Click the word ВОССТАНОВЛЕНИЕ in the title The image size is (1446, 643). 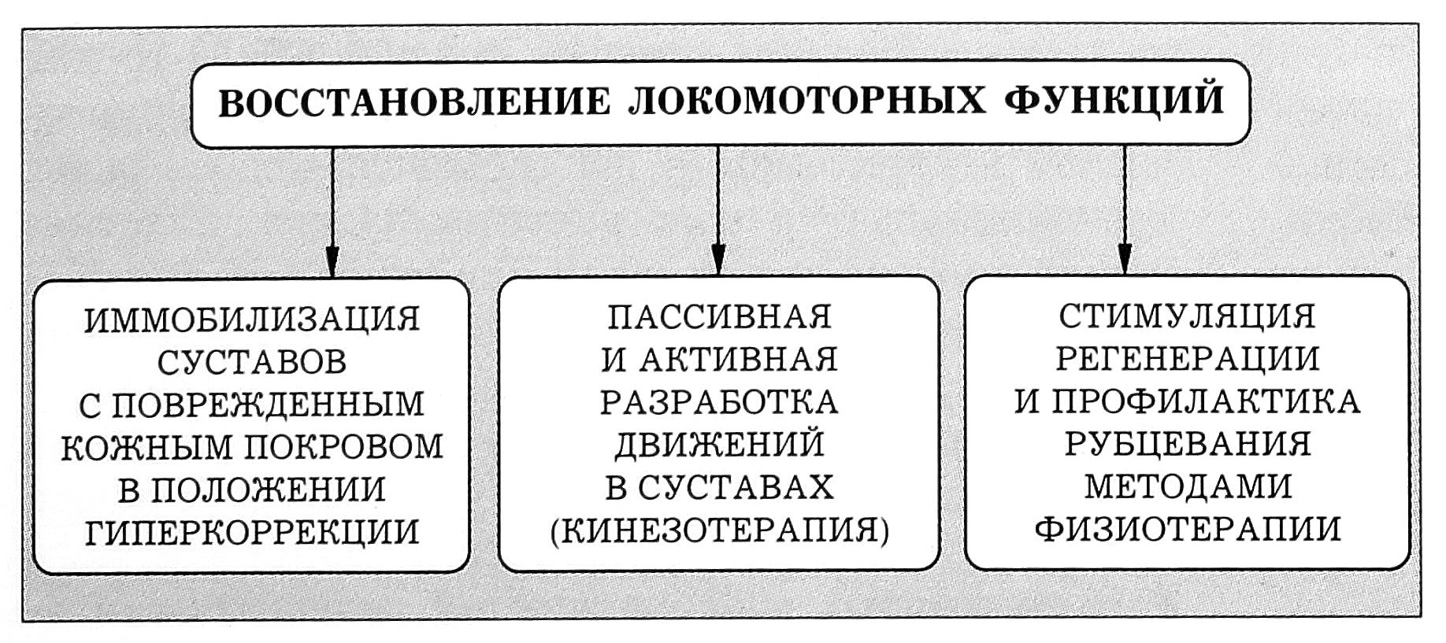pyautogui.click(x=413, y=103)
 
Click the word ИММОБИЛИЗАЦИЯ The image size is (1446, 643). pyautogui.click(x=252, y=320)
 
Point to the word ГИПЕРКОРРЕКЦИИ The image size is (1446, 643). pyautogui.click(x=252, y=533)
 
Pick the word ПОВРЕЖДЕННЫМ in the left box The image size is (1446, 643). pyautogui.click(x=268, y=405)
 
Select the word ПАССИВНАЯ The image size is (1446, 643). pyautogui.click(x=719, y=317)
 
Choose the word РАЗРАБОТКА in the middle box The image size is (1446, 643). pyautogui.click(x=719, y=403)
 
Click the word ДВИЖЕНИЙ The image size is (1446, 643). pyautogui.click(x=719, y=445)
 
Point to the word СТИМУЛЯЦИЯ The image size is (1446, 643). pyautogui.click(x=1187, y=317)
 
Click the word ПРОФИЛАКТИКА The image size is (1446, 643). pyautogui.click(x=1206, y=402)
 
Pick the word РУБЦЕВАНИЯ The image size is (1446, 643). pyautogui.click(x=1187, y=445)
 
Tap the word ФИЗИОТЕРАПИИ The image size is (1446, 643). pyautogui.click(x=1187, y=530)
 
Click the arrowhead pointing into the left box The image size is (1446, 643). pyautogui.click(x=332, y=259)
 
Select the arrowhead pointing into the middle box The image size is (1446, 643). pyautogui.click(x=717, y=258)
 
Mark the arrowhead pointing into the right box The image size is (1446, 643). pyautogui.click(x=1124, y=257)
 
